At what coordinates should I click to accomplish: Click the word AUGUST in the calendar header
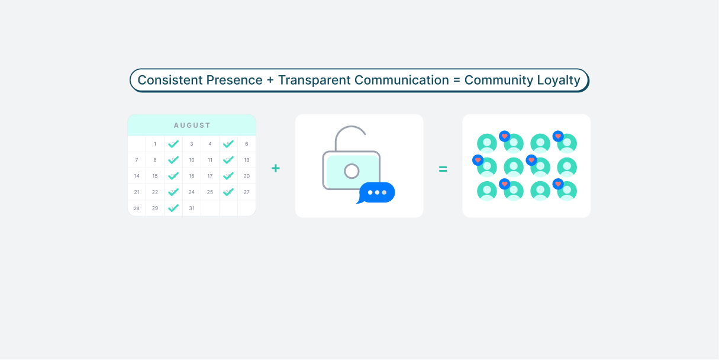pyautogui.click(x=192, y=126)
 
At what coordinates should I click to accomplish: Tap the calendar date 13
pyautogui.click(x=247, y=160)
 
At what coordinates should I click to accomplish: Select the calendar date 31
pyautogui.click(x=192, y=208)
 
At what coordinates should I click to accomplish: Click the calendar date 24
pyautogui.click(x=192, y=192)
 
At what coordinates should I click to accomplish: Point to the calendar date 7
pyautogui.click(x=137, y=160)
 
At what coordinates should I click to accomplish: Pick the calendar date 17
pyautogui.click(x=210, y=176)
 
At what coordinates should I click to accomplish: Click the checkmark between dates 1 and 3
pyautogui.click(x=173, y=144)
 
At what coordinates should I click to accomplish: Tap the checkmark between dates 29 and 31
pyautogui.click(x=173, y=208)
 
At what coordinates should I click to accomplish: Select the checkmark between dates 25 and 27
pyautogui.click(x=228, y=192)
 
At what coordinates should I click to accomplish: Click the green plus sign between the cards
pyautogui.click(x=276, y=168)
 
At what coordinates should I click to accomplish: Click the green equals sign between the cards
pyautogui.click(x=443, y=169)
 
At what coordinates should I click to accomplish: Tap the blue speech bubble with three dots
pyautogui.click(x=376, y=192)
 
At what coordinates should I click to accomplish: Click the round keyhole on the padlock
pyautogui.click(x=352, y=171)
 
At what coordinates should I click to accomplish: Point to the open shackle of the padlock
pyautogui.click(x=350, y=127)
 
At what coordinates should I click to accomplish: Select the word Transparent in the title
pyautogui.click(x=314, y=81)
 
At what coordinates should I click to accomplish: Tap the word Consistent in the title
pyautogui.click(x=170, y=80)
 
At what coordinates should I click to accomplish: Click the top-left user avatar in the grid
pyautogui.click(x=487, y=143)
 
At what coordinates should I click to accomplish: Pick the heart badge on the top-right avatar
pyautogui.click(x=558, y=136)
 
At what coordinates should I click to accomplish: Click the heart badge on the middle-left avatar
pyautogui.click(x=478, y=160)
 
